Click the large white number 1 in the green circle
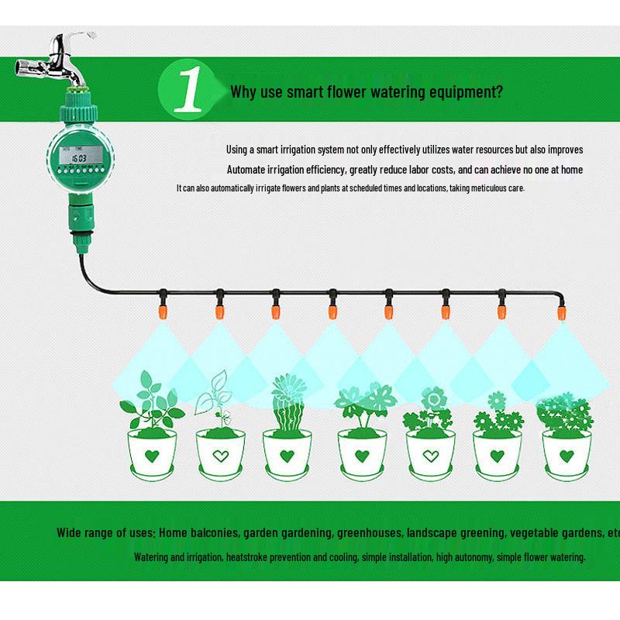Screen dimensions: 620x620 (188, 91)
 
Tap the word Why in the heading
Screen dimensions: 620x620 (243, 91)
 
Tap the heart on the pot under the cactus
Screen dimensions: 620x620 (286, 453)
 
